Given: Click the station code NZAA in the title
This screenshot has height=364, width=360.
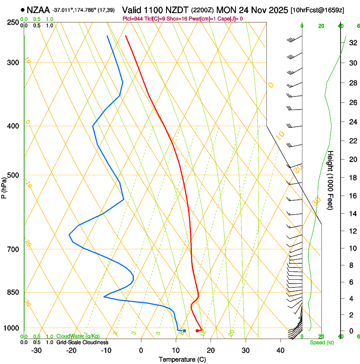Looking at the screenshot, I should (x=38, y=9).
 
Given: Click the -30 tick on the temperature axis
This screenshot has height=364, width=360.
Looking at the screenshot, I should (x=36, y=350).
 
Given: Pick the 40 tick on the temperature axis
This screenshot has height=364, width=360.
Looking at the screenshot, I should (x=280, y=350).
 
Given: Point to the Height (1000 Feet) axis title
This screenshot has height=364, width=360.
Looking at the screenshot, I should (x=331, y=180).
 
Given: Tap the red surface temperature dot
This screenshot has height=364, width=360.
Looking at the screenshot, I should (x=197, y=331).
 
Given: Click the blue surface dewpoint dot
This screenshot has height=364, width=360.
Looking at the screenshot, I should (x=184, y=331).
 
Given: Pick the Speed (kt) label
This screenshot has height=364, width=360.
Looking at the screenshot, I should (x=321, y=342).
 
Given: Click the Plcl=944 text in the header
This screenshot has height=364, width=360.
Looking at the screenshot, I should (x=132, y=19).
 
